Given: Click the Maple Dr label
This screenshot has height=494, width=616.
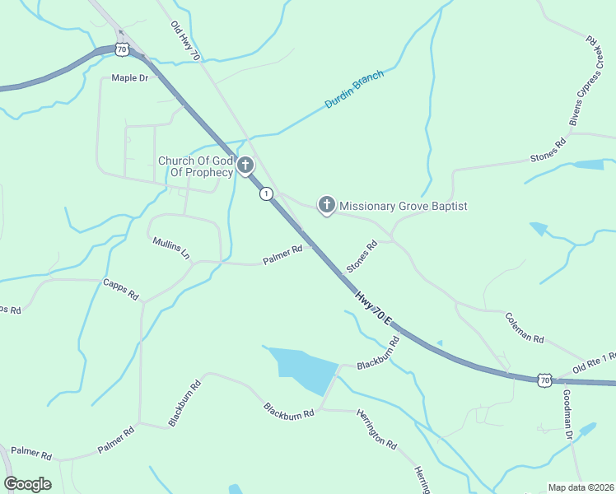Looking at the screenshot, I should click(129, 78).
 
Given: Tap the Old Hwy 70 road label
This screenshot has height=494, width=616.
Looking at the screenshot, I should click(185, 40).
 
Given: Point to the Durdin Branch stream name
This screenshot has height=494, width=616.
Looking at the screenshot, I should click(354, 91).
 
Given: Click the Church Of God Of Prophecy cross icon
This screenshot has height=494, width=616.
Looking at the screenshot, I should click(245, 166).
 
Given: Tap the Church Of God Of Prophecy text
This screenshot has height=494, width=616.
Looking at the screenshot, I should click(196, 166).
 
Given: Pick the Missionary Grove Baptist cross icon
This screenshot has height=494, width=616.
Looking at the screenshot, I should click(327, 205).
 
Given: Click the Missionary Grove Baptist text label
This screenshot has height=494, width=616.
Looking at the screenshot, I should click(404, 206).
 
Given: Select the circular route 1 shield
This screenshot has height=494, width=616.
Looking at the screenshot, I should click(265, 193).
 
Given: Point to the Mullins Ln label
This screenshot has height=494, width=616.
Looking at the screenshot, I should click(171, 248).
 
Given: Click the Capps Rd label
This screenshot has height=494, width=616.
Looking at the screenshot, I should click(120, 289).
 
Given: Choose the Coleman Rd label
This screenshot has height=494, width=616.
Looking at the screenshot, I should click(525, 327).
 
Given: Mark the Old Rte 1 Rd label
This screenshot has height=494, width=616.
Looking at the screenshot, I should click(595, 363).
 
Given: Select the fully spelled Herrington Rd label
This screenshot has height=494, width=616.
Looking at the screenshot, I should click(376, 429).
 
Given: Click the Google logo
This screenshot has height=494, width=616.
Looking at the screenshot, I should click(27, 484).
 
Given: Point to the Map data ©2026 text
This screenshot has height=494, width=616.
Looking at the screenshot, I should click(581, 487).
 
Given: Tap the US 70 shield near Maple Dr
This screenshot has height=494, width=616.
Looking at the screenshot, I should click(122, 49).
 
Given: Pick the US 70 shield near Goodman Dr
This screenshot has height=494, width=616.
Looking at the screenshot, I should click(544, 380).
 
